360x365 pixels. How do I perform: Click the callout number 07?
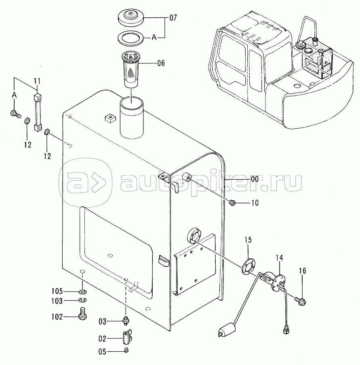[x=173, y=18]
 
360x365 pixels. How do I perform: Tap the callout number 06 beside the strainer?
[x=161, y=63]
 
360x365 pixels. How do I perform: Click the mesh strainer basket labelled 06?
[x=131, y=69]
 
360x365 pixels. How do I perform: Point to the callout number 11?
[x=37, y=81]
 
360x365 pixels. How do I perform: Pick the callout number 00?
[x=255, y=179]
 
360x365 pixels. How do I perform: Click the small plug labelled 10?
[x=232, y=203]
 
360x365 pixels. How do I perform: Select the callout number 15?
[x=248, y=240]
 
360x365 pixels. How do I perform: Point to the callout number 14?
[x=280, y=258]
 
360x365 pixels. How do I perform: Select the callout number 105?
[x=57, y=291]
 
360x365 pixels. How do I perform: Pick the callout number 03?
[x=103, y=322]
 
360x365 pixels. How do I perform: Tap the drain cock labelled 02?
[x=126, y=337]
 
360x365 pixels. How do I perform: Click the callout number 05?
[x=102, y=352]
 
